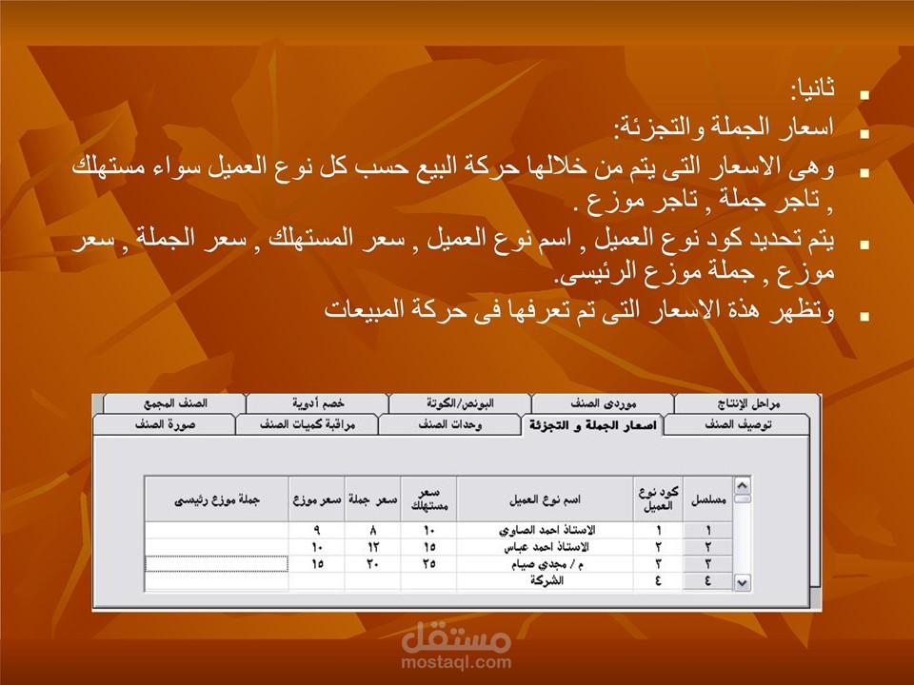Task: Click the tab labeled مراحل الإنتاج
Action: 748,403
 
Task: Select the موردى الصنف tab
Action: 603,403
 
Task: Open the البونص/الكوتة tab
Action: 460,403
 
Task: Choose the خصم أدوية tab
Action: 318,403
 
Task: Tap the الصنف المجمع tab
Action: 175,403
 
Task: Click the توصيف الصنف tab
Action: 737,424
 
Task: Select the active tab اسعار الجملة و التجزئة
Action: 593,425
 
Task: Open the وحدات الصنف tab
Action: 449,424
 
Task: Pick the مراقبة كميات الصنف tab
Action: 308,424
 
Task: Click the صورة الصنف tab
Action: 165,424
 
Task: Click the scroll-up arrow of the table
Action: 742,485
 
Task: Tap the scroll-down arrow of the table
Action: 742,582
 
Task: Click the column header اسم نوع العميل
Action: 545,499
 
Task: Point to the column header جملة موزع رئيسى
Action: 217,499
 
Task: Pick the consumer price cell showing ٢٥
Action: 429,564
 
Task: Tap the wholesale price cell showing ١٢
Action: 372,547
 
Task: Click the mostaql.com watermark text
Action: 456,662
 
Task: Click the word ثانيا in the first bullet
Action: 812,88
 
